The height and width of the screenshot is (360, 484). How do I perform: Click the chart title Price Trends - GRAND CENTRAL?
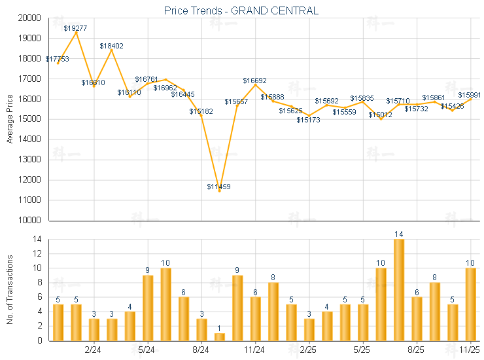pos(241,10)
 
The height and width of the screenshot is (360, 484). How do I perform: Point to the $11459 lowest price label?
pos(218,187)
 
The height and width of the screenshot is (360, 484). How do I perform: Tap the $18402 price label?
pos(111,46)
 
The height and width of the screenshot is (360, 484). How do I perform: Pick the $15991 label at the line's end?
pos(470,95)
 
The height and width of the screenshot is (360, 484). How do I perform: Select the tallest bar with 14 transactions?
pos(399,290)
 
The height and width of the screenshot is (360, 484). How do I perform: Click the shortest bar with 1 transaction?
pos(220,336)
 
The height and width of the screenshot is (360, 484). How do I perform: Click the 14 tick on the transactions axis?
pos(38,240)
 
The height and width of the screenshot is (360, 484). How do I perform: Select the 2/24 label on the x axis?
pos(93,350)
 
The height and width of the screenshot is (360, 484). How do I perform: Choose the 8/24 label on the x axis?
pos(201,350)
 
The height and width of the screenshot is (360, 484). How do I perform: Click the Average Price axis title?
pos(10,118)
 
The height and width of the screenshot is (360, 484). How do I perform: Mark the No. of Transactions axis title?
pos(10,289)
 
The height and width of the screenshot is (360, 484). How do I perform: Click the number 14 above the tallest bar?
pos(399,234)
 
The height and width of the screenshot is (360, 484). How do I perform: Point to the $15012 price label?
pos(380,115)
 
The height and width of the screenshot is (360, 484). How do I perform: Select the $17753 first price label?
pos(57,59)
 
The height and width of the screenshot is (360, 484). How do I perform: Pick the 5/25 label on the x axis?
pos(362,350)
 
